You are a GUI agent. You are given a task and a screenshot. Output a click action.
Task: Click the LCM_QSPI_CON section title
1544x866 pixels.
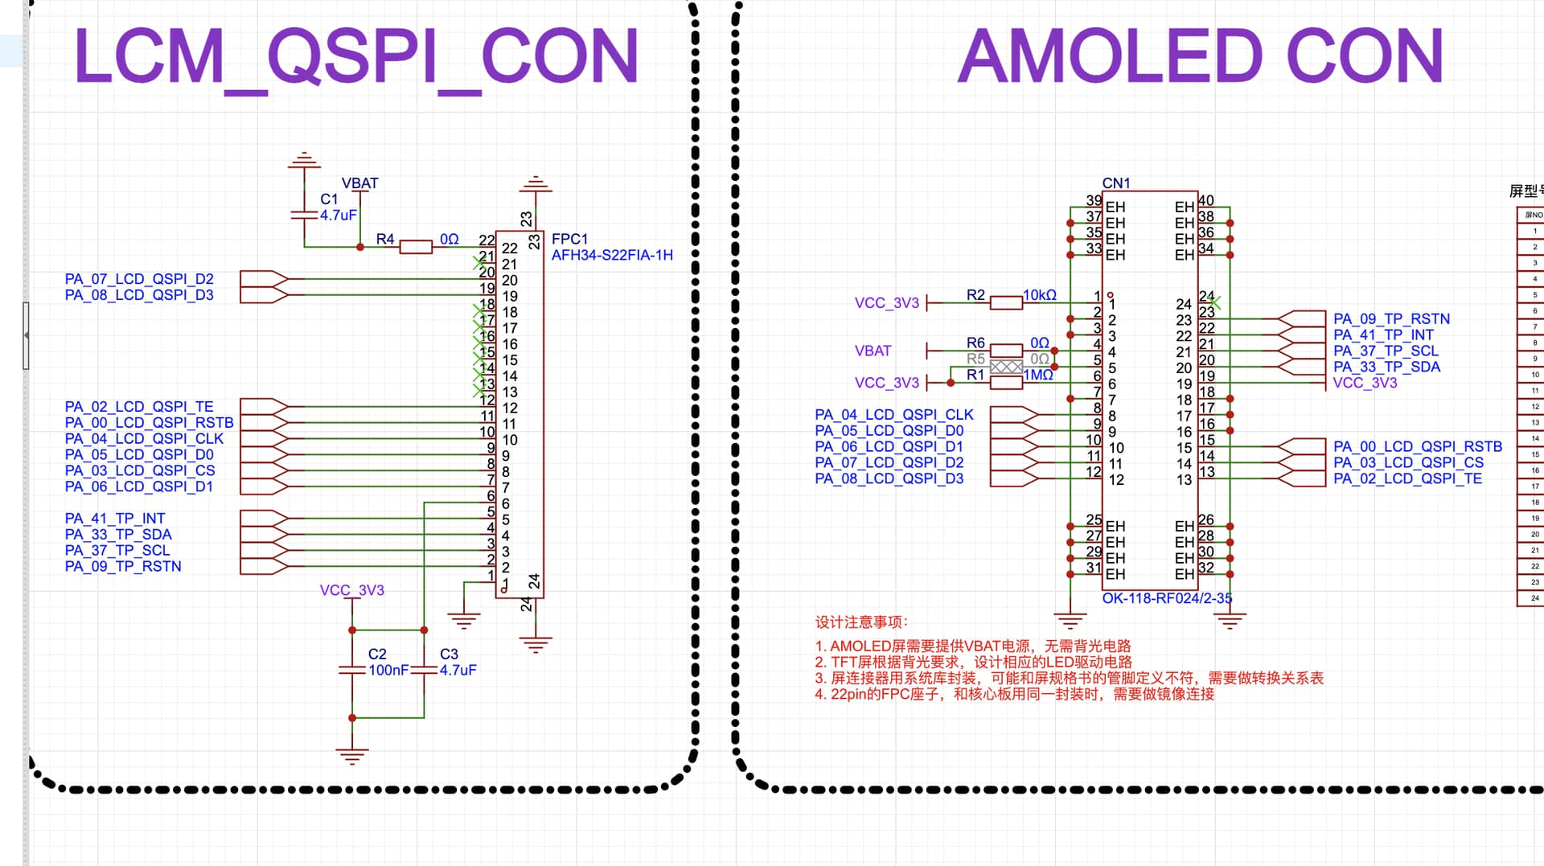356,56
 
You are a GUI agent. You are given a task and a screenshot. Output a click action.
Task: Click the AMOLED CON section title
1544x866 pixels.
1200,56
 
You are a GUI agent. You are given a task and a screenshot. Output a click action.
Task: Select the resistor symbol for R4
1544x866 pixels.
416,247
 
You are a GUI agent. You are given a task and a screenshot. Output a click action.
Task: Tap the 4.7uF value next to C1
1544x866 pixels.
338,215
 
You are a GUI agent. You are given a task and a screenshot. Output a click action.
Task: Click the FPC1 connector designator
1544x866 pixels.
569,239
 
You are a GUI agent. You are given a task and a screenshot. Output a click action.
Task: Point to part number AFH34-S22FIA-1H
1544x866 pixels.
611,255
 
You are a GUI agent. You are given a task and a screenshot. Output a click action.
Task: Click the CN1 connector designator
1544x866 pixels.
1115,183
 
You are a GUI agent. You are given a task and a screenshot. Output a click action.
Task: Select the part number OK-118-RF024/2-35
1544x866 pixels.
1166,598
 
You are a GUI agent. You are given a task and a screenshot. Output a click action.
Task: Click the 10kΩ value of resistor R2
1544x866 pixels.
1039,295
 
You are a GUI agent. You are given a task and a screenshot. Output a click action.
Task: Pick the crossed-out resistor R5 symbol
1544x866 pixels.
1006,367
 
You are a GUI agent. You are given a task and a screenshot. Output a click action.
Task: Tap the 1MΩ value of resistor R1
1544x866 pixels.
1037,375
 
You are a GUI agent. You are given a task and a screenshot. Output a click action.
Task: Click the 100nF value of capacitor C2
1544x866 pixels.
388,670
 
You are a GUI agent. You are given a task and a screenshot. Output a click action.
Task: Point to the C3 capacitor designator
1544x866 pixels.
449,654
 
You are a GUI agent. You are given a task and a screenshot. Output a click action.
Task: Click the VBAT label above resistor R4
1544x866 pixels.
359,183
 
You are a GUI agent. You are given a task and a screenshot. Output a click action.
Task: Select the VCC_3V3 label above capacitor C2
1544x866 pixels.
351,590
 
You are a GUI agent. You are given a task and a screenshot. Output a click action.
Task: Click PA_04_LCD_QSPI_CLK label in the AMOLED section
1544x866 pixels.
893,415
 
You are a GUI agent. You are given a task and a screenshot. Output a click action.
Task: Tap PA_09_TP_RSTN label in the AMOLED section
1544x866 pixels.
1391,319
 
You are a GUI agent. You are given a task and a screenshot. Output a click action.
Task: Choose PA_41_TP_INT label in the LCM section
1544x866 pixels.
114,519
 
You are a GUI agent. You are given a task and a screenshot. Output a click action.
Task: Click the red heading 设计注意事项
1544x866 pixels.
861,622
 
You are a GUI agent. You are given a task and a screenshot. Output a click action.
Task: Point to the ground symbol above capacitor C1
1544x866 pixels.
304,160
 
